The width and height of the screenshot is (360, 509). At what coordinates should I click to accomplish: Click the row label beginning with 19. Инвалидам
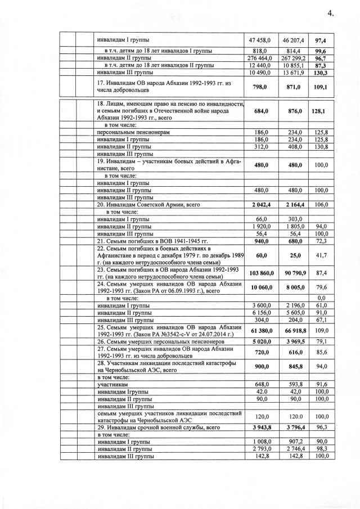click(x=169, y=165)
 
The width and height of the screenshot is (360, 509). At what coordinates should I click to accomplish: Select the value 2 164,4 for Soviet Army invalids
click(x=293, y=205)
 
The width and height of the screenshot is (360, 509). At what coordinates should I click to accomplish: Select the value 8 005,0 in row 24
click(x=293, y=289)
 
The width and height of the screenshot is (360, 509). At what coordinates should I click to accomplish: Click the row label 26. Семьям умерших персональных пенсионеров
click(x=169, y=341)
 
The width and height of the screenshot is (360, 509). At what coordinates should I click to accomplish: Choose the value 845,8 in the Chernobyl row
click(x=293, y=366)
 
